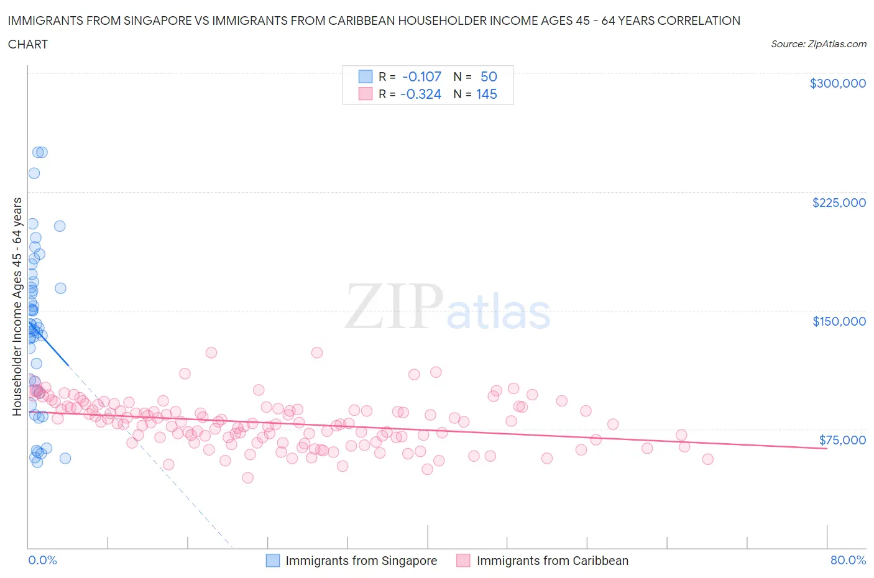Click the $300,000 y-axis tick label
[837, 83]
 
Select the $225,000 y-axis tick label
[839, 203]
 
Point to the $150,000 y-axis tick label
[839, 321]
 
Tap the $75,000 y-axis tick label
[842, 440]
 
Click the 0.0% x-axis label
[42, 560]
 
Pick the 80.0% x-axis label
[848, 560]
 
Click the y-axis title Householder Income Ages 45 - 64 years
[17, 306]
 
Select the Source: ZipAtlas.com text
[818, 44]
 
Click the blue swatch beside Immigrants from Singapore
[273, 561]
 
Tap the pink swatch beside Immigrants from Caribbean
[463, 561]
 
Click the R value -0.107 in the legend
[421, 76]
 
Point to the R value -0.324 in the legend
[421, 94]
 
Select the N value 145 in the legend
[486, 94]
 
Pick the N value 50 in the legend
[489, 76]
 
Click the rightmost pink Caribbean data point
[707, 459]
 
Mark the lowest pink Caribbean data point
[247, 477]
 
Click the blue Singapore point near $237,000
[34, 173]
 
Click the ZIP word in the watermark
[393, 307]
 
